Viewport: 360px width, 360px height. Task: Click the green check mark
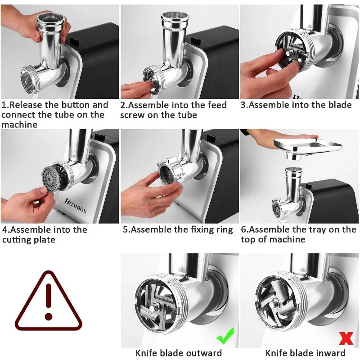coord(225,336)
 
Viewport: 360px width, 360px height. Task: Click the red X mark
coord(346,338)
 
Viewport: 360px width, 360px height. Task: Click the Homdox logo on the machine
coord(76,206)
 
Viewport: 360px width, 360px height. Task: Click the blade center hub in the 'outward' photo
coord(153,309)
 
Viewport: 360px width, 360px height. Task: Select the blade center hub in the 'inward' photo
coord(273,305)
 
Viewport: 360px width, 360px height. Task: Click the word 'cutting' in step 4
coord(16,240)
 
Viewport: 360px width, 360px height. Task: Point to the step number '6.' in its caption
coord(244,229)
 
